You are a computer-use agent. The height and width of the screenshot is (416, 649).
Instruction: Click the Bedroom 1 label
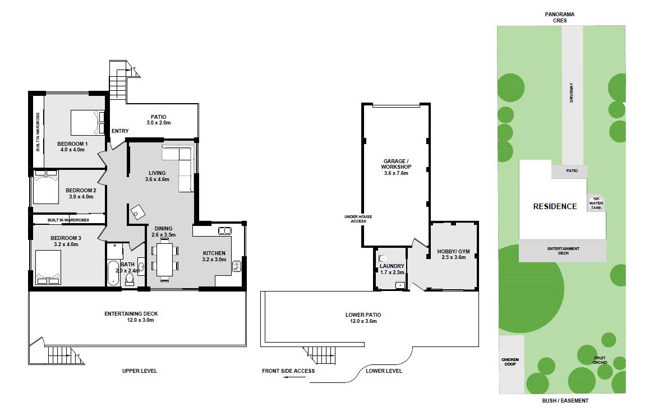point(72,147)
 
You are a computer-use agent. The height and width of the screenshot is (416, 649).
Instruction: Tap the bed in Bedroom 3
point(48,267)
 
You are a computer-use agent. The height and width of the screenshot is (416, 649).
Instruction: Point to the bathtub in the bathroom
point(113,273)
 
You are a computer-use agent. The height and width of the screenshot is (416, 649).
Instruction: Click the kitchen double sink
point(225,230)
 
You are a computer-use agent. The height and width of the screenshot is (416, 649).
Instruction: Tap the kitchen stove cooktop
point(237,266)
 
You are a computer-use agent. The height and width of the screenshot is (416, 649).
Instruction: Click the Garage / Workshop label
point(396,167)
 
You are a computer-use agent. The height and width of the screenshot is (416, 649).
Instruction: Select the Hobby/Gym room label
point(454,255)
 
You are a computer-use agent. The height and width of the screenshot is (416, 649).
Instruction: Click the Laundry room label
point(392,269)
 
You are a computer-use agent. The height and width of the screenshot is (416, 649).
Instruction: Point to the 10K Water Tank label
point(596,204)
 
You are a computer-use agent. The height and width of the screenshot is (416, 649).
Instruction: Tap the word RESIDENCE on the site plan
point(555,206)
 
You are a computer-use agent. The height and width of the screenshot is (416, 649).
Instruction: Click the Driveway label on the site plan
point(572,93)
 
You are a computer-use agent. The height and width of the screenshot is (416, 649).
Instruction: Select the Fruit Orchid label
point(600,360)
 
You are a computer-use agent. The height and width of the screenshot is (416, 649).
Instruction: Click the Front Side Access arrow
point(295,377)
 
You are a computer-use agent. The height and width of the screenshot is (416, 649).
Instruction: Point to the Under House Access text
point(358,219)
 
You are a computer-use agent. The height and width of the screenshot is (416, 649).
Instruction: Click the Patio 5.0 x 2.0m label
point(159,120)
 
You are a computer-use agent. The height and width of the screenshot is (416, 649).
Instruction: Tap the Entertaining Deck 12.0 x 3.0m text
point(131,317)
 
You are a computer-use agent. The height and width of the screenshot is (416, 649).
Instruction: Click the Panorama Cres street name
point(560,17)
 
